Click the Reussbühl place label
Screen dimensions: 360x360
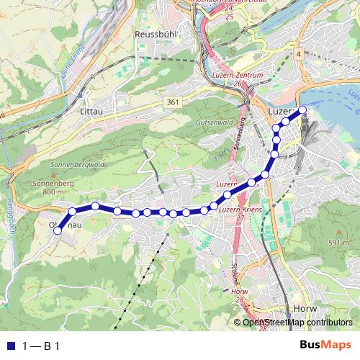click(151, 34)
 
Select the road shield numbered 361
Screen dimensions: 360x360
click(171, 103)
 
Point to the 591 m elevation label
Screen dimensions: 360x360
click(339, 243)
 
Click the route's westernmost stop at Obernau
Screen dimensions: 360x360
click(58, 230)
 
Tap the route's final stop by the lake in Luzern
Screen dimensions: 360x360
click(302, 109)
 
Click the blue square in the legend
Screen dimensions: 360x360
click(9, 346)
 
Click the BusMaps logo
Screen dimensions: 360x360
click(328, 346)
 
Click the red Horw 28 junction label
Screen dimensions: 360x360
click(239, 296)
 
